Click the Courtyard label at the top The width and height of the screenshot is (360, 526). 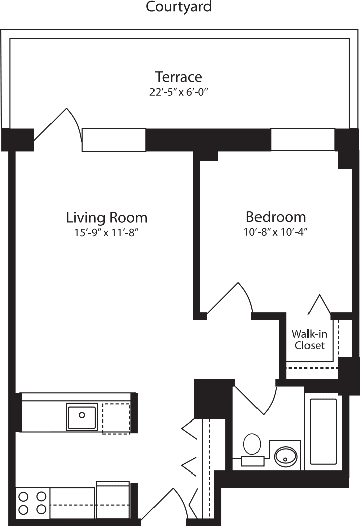(x=179, y=7)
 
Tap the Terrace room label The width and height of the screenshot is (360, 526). (x=178, y=77)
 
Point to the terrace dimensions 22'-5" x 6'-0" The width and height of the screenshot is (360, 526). (x=178, y=92)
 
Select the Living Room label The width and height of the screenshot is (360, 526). (x=107, y=218)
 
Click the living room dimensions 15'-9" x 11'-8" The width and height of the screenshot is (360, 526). (x=107, y=233)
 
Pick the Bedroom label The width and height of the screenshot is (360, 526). (x=276, y=217)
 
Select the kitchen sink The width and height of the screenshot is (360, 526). (x=81, y=416)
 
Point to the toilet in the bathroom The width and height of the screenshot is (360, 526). (x=252, y=449)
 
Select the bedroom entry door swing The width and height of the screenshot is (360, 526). (x=230, y=300)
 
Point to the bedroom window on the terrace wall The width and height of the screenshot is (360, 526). (x=303, y=140)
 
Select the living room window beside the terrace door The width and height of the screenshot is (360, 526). (x=114, y=140)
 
